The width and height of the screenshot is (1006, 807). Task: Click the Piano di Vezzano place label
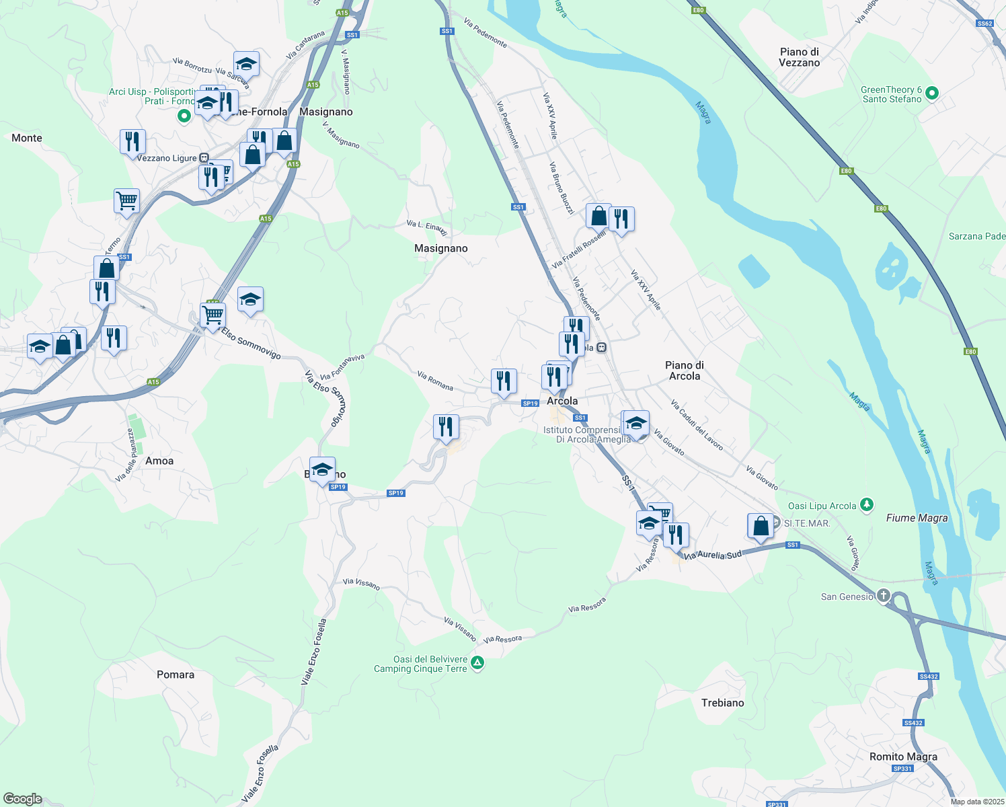point(799,57)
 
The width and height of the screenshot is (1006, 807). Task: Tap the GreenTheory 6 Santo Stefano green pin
point(932,93)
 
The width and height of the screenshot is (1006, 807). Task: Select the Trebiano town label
point(722,703)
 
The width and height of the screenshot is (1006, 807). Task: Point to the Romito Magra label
point(903,757)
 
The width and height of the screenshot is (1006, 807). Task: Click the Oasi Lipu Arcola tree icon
point(867,504)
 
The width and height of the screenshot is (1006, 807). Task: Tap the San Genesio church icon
point(884,596)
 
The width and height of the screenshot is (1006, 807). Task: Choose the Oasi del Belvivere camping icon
point(477,664)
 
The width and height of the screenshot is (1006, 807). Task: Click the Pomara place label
point(176,675)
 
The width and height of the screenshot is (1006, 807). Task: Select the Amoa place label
point(159,461)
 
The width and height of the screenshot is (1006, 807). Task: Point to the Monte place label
point(27,138)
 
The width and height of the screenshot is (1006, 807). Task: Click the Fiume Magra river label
point(917,518)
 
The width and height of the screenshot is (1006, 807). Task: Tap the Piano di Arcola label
point(684,371)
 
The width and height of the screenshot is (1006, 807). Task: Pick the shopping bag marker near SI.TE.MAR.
point(761,526)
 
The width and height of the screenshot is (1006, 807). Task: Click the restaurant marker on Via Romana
point(504,381)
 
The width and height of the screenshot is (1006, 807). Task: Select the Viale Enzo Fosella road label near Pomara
point(313,652)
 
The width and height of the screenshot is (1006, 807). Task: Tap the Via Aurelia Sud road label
point(713,555)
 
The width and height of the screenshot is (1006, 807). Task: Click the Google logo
point(23,799)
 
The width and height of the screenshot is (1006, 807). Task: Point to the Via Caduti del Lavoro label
point(697,425)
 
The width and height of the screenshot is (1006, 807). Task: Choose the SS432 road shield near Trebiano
point(928,677)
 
